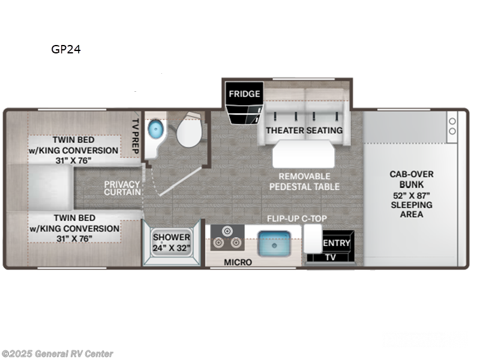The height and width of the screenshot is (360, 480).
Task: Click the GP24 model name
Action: click(x=66, y=50)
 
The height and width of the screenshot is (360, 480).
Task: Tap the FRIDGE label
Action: click(x=244, y=94)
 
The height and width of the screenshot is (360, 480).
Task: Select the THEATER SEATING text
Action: click(x=304, y=130)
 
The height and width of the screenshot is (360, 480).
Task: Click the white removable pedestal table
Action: click(x=304, y=154)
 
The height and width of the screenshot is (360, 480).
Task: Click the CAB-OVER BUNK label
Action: click(x=411, y=194)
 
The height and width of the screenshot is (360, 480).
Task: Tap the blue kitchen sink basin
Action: click(x=273, y=242)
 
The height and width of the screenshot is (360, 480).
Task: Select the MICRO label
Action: click(x=238, y=262)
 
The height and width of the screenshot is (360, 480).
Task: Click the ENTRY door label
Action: click(x=337, y=242)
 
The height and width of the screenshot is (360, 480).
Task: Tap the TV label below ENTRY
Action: click(x=330, y=256)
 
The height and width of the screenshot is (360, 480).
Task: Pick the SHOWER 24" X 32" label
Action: click(x=171, y=242)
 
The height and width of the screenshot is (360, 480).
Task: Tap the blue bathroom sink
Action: click(x=155, y=128)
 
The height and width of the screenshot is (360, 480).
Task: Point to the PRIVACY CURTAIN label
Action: click(x=122, y=188)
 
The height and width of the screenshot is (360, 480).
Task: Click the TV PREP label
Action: click(x=135, y=134)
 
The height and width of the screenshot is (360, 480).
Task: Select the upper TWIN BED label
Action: click(x=76, y=150)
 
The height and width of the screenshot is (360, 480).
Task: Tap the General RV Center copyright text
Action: click(x=58, y=354)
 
